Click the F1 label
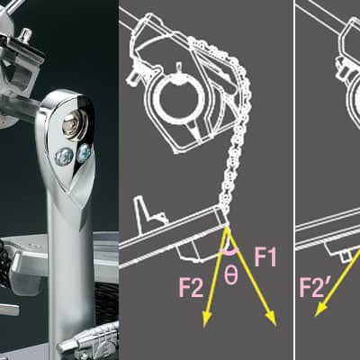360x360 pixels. point(265,256)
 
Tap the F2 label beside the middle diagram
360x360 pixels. point(191,287)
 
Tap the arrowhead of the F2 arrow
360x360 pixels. point(206,319)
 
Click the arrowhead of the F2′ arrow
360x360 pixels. point(319,310)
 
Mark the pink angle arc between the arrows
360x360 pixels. point(229,252)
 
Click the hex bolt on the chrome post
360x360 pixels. point(74,125)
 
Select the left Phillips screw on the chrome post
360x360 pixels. point(64,157)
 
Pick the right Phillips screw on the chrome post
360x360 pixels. point(84,152)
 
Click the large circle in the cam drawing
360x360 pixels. point(179,98)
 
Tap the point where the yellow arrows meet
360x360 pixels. point(227,229)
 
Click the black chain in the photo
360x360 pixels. point(4,264)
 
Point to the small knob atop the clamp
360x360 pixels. point(25,35)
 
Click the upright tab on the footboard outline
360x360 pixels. point(143,209)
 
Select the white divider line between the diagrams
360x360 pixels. point(294,180)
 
